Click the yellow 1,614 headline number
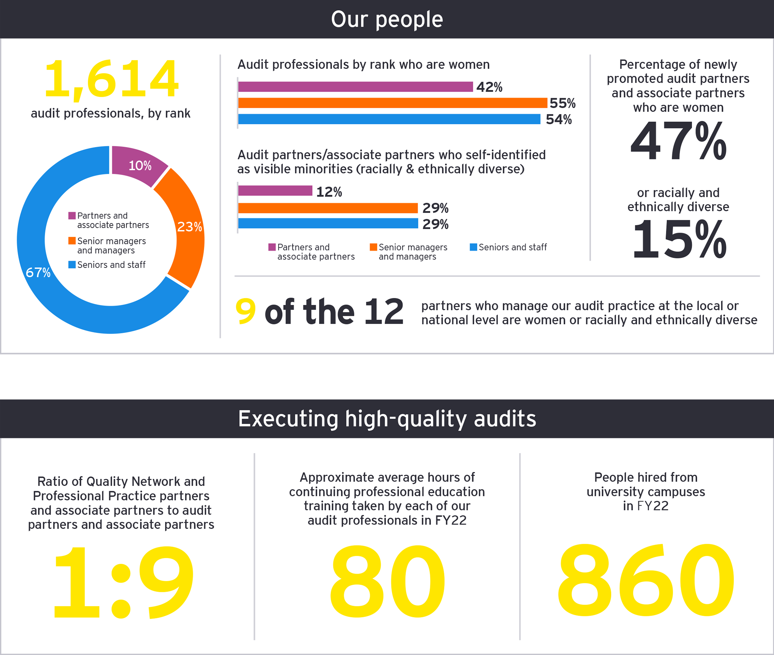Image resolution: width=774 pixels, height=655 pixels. coord(111,79)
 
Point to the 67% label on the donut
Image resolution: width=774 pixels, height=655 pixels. coord(38,272)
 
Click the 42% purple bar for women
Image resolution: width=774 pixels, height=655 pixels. coord(355,87)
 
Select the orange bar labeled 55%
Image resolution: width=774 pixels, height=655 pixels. coord(392,103)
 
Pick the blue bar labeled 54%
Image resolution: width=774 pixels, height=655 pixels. coord(389,119)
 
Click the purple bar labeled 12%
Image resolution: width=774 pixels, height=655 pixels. coord(275,191)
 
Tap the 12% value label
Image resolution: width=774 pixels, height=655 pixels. coord(329,192)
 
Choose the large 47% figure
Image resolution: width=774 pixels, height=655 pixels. coord(678,141)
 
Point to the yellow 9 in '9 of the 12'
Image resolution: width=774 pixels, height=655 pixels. coord(246,311)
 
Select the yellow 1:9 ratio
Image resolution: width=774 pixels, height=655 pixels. coord(123,582)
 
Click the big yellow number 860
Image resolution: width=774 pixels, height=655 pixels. coord(646,580)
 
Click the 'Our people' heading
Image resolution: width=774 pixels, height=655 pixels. coord(387,19)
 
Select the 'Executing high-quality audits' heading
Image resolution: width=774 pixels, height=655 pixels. coord(387,418)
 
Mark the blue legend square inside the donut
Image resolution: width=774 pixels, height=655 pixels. coord(72,265)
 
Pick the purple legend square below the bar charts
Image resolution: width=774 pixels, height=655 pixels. coord(272,247)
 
